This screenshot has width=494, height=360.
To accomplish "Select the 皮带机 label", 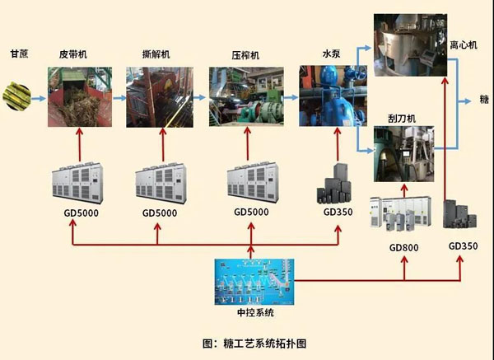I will [x=73, y=54].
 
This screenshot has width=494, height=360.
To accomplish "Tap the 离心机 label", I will [x=463, y=46].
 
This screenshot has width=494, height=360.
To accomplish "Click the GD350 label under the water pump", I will [x=338, y=213].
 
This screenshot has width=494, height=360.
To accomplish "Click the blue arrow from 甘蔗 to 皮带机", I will [x=39, y=96].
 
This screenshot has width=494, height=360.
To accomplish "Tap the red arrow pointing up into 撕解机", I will [x=158, y=147].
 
